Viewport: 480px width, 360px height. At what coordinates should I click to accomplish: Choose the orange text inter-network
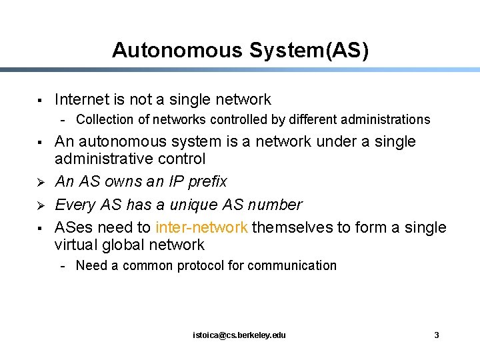pos(201,227)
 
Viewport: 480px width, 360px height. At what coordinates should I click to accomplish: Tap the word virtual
pos(76,245)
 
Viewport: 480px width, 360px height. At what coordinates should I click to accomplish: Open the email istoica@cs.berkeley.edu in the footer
pos(239,335)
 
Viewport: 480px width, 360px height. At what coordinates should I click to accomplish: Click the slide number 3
pos(437,335)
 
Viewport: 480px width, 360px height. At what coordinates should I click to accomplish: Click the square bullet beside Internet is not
pos(41,101)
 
